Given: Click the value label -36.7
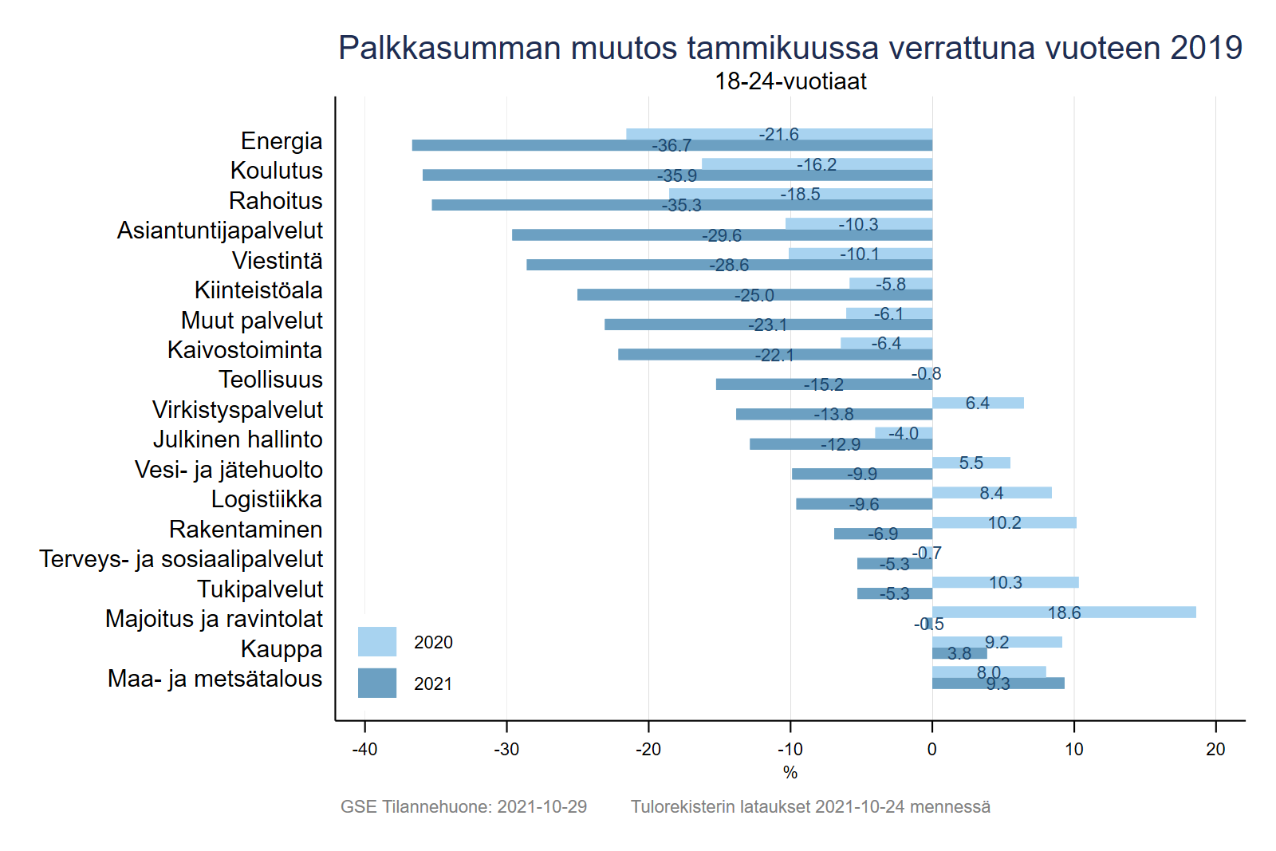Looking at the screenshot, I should (x=671, y=146).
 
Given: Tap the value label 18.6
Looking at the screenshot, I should (x=1064, y=613).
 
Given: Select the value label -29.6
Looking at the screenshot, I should (x=722, y=235).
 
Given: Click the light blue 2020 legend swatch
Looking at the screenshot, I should (x=377, y=642).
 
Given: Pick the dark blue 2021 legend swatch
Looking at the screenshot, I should (x=377, y=684).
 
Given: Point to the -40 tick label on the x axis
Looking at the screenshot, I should (x=364, y=750).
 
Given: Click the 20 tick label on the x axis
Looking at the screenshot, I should (x=1215, y=750).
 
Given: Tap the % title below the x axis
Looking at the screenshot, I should (x=790, y=773).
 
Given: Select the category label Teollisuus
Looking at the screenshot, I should (x=271, y=380).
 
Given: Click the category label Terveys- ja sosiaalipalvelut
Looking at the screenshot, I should (x=182, y=559).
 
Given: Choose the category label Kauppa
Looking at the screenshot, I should (x=282, y=649).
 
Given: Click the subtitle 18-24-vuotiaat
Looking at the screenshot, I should (x=790, y=81).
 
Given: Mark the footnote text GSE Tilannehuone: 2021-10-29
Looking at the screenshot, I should (x=463, y=807).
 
